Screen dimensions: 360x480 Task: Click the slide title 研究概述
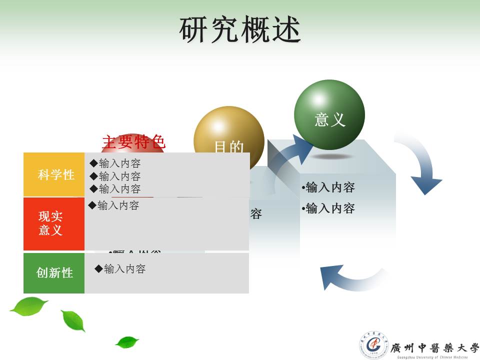pyautogui.click(x=240, y=30)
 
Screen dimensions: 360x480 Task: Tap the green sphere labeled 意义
pyautogui.click(x=329, y=115)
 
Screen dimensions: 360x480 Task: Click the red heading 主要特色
pyautogui.click(x=133, y=142)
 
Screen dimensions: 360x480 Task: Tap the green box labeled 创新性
pyautogui.click(x=54, y=273)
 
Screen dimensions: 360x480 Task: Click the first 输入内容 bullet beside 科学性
pyautogui.click(x=115, y=163)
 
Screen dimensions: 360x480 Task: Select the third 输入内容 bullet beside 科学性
pyautogui.click(x=115, y=189)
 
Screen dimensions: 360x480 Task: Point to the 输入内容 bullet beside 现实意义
pyautogui.click(x=114, y=205)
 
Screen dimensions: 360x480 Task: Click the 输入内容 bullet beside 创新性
pyautogui.click(x=120, y=269)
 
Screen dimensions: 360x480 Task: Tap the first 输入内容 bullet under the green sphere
pyautogui.click(x=328, y=187)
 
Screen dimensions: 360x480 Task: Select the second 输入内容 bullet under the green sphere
pyautogui.click(x=328, y=208)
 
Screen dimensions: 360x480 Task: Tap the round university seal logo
pyautogui.click(x=373, y=344)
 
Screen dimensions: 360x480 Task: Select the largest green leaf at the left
pyautogui.click(x=29, y=305)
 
